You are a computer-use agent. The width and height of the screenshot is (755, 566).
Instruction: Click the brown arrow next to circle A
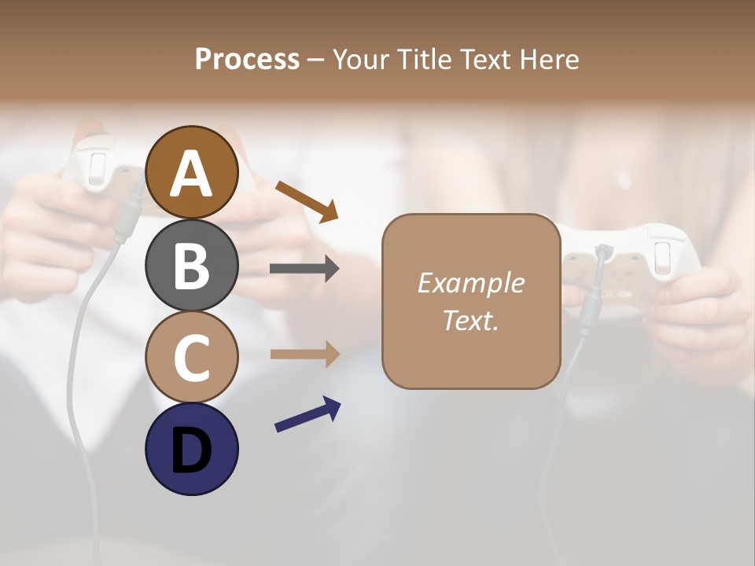click(x=307, y=201)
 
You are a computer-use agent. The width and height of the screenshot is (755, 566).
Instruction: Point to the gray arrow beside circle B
click(x=304, y=269)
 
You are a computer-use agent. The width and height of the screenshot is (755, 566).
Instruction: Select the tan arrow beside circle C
click(x=304, y=354)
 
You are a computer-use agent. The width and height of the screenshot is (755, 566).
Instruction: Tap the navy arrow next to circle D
click(x=308, y=414)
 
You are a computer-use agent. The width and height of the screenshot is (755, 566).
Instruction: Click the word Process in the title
click(x=247, y=60)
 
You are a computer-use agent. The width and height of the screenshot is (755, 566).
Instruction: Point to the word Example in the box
click(x=470, y=282)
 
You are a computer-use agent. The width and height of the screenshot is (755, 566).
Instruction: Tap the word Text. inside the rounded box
click(x=470, y=320)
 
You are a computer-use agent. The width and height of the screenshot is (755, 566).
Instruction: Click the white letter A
click(x=192, y=174)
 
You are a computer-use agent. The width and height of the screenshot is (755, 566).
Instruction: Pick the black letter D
click(x=192, y=450)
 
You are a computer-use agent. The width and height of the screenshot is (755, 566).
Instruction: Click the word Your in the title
click(x=359, y=60)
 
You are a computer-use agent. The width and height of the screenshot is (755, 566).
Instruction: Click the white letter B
click(x=192, y=266)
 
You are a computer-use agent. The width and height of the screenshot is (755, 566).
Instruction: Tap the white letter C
click(x=192, y=358)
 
